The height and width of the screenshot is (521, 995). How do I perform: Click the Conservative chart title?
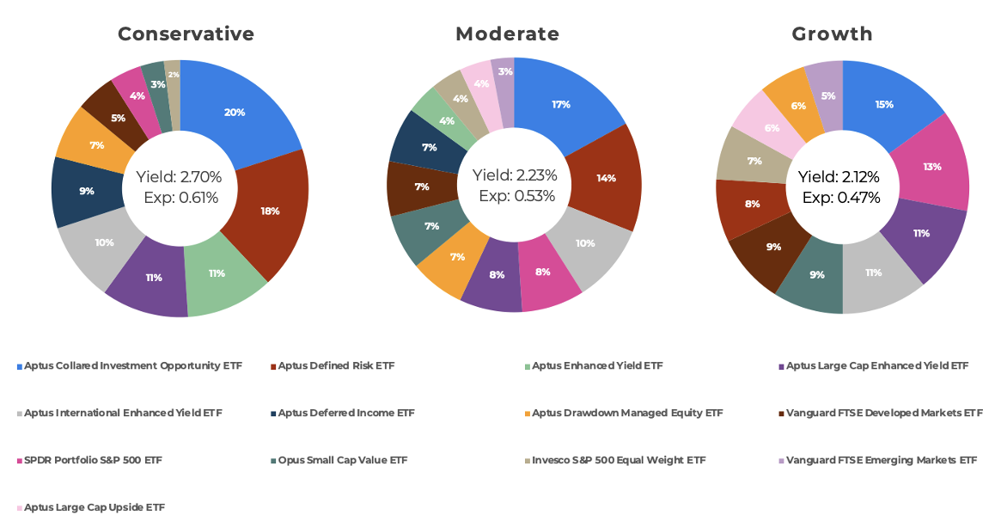tap(186, 34)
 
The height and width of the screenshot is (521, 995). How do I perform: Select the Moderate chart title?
tap(507, 34)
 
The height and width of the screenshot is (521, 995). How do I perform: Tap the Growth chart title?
tap(832, 34)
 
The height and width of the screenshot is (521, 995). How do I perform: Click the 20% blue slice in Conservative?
tap(235, 113)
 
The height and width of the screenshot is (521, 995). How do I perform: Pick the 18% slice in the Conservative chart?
tap(271, 211)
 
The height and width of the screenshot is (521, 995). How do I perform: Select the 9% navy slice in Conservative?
tap(87, 191)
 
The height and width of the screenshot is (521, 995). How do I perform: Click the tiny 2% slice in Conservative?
tap(174, 75)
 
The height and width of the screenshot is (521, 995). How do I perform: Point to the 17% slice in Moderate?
tap(561, 104)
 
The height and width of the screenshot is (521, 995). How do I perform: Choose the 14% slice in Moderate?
tap(607, 178)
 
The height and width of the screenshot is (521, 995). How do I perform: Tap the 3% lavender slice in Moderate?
tap(505, 72)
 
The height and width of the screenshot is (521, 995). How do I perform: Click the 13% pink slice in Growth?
tap(932, 167)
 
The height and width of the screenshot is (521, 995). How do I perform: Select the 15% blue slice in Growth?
tap(885, 104)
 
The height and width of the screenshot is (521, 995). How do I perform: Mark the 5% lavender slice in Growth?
tap(827, 95)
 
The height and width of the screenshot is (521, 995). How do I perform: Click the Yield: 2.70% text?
tap(179, 177)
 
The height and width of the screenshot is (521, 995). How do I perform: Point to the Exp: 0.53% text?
tap(516, 196)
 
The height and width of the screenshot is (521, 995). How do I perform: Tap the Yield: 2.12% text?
tap(839, 177)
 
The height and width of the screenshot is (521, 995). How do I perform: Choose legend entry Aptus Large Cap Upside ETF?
tap(95, 508)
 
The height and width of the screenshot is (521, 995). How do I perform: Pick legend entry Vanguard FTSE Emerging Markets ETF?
tap(881, 461)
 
